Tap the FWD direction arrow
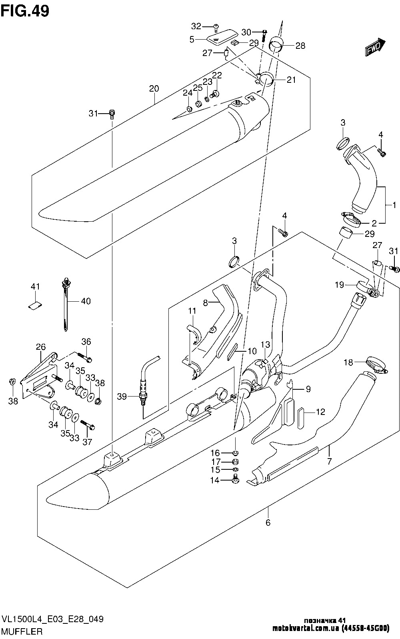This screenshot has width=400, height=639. pos(375,47)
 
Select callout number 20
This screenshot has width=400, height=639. pos(154,88)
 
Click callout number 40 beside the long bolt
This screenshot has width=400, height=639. pos(86,301)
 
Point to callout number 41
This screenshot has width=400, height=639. pos(35,286)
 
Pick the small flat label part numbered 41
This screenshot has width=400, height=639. pos(35,306)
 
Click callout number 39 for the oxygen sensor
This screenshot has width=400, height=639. pos(122,397)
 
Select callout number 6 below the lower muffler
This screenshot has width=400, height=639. pos(268,523)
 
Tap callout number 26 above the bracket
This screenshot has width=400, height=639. pos(41,347)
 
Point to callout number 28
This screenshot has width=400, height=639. pos(300,46)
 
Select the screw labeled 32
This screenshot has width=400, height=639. pos(216,27)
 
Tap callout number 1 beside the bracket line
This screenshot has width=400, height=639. pos(394,205)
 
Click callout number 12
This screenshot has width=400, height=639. pos(320,412)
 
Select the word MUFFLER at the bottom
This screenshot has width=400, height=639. pos(22,631)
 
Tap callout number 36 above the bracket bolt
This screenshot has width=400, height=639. pos(86,341)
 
